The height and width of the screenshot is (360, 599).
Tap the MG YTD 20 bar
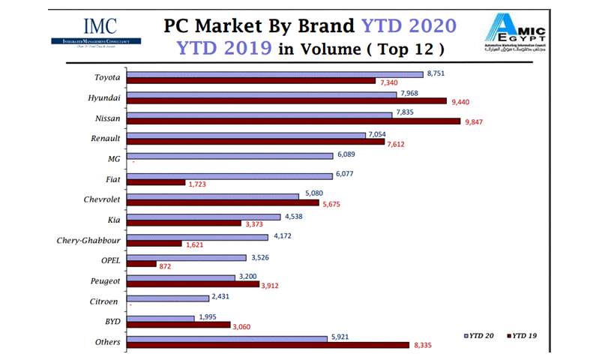(x=229, y=156)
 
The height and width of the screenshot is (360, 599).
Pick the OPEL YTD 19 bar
(x=142, y=264)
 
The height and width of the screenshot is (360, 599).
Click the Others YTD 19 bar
(x=268, y=345)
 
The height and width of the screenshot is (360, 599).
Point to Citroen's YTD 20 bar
(x=168, y=298)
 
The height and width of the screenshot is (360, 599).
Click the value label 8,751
(x=436, y=73)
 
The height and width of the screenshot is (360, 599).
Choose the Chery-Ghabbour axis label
(x=88, y=240)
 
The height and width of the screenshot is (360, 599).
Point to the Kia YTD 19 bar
(x=184, y=223)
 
